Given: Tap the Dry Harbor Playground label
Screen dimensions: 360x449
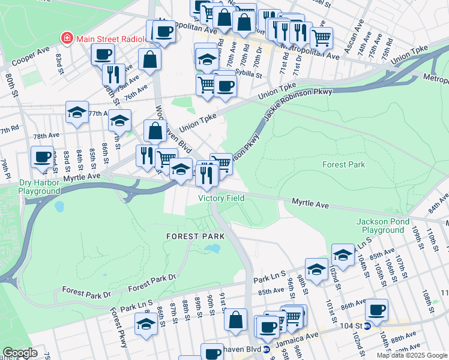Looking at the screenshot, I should [31, 187].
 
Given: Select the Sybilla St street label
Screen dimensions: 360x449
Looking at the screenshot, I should [250, 76].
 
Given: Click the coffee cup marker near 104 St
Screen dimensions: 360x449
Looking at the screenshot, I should [376, 310].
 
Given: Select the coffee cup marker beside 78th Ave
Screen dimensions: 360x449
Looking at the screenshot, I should [42, 157].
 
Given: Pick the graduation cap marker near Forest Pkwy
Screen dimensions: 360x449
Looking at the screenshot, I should [146, 324].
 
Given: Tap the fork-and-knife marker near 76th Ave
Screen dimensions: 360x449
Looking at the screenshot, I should [113, 74].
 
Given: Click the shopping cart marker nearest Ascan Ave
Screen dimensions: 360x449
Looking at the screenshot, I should [321, 37].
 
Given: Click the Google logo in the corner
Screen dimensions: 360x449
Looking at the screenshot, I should [20, 353].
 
